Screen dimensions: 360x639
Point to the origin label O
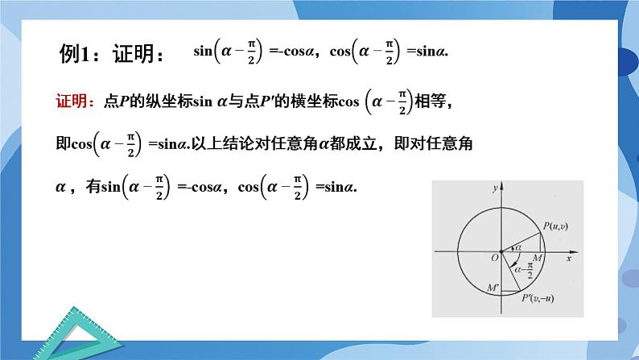(493, 258)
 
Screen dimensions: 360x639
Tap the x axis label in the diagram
(569, 259)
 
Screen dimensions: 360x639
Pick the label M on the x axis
(537, 258)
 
